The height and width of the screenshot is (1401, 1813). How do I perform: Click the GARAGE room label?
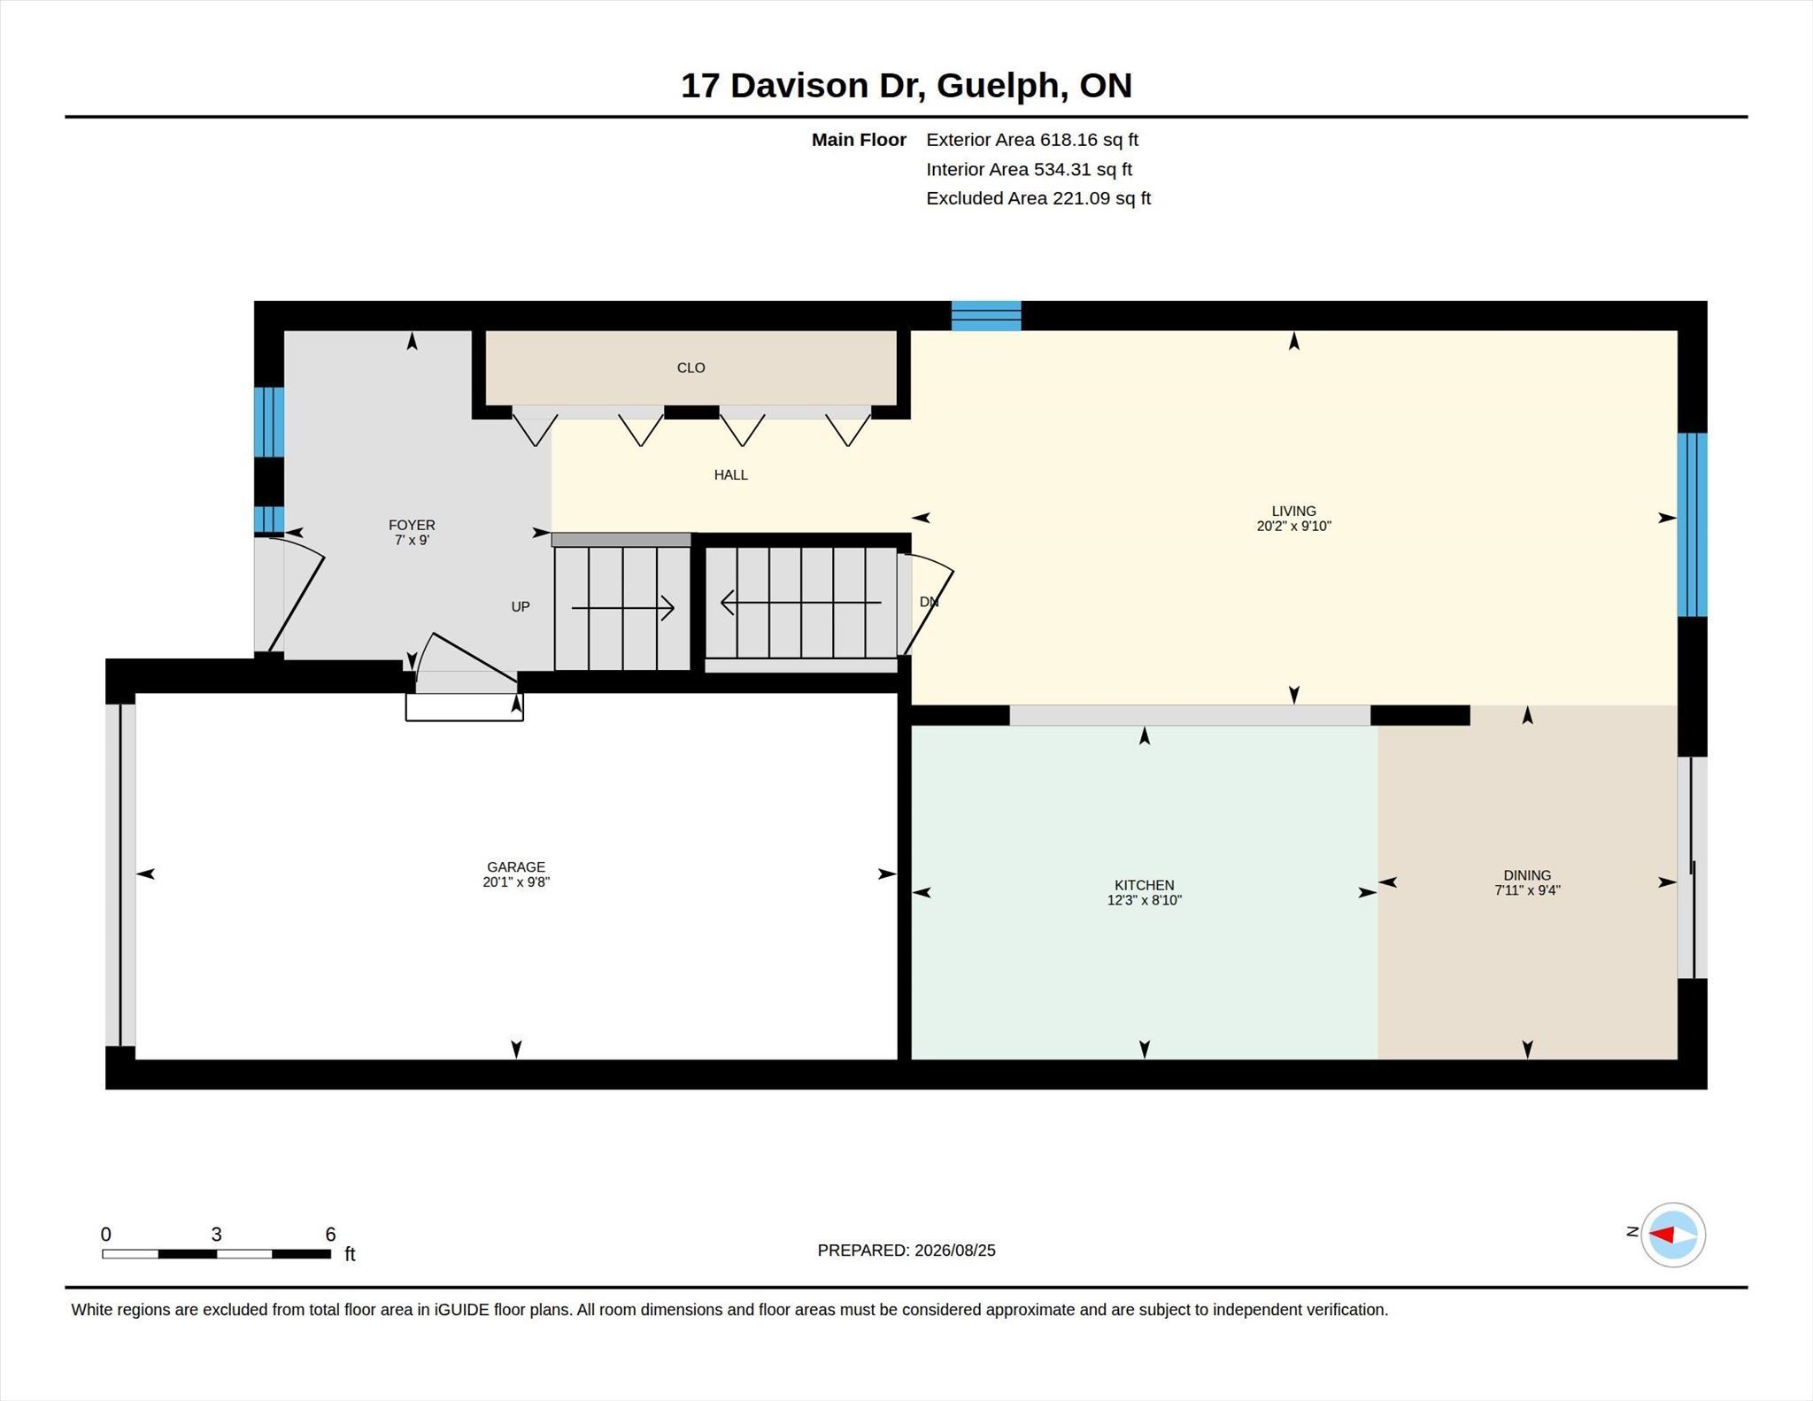click(x=516, y=867)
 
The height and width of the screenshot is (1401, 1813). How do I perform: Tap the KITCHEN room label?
click(x=1144, y=885)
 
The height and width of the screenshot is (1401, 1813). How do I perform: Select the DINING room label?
click(x=1527, y=875)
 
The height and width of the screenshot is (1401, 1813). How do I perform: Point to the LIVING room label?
click(x=1293, y=511)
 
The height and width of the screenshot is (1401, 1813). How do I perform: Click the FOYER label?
click(x=412, y=525)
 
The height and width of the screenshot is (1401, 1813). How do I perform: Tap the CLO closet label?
click(x=690, y=367)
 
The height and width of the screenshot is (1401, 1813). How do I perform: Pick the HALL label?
click(x=730, y=474)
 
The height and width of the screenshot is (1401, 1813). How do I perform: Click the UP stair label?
click(x=521, y=606)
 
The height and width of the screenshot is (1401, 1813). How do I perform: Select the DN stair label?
click(x=929, y=602)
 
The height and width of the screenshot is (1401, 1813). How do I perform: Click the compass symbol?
click(x=1672, y=1235)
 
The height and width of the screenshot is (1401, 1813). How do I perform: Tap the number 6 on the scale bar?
click(x=330, y=1234)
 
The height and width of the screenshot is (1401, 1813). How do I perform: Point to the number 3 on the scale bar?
click(x=216, y=1234)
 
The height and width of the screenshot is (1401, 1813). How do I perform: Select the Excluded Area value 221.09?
click(x=1081, y=198)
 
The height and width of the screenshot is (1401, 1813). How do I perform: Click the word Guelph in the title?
click(x=997, y=85)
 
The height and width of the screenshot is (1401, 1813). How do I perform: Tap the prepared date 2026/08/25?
click(x=955, y=1251)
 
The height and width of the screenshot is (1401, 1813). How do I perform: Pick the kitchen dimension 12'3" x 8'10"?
click(x=1144, y=900)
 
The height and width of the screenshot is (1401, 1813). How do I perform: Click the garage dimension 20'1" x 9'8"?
click(x=516, y=881)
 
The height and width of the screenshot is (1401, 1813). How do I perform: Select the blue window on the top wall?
click(x=986, y=316)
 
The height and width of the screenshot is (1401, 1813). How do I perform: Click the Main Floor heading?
click(x=859, y=140)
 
